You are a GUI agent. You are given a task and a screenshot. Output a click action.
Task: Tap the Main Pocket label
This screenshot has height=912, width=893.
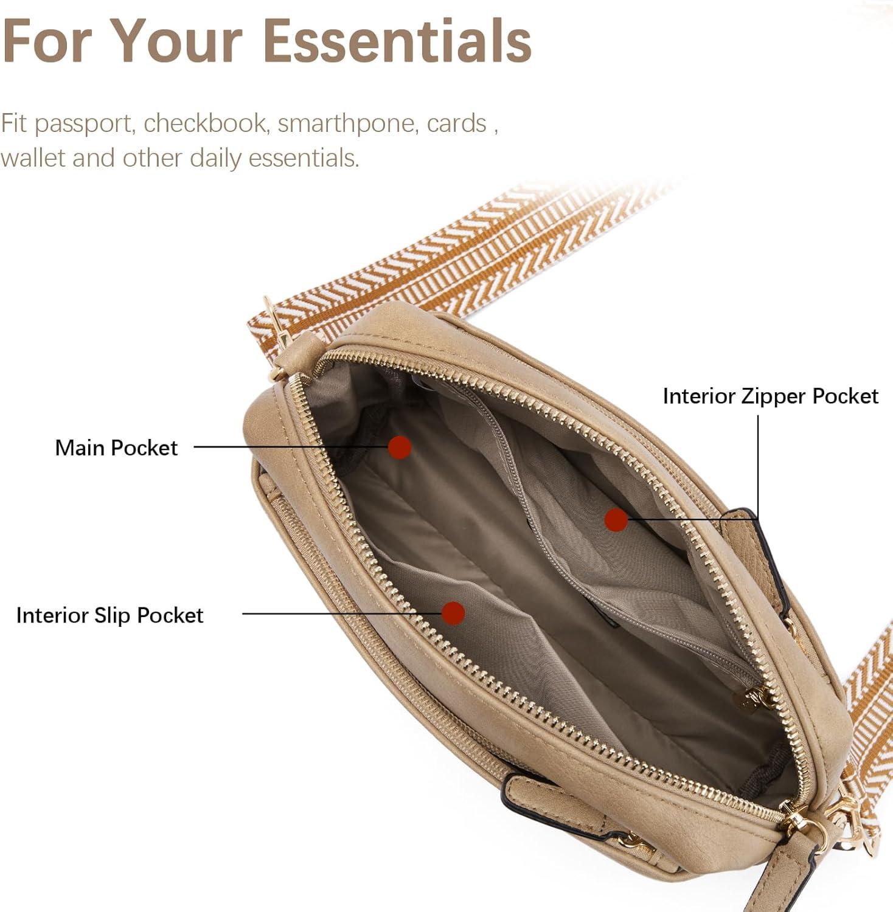pos(116,448)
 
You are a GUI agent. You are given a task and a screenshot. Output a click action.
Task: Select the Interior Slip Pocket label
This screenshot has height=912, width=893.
pos(109,615)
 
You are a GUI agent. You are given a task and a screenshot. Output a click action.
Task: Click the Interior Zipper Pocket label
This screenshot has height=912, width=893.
pos(770,396)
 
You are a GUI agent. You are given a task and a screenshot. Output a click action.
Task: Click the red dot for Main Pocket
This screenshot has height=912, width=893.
pos(400,447)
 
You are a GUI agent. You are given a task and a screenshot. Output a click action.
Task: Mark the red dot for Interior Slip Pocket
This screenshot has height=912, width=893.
pos(453,613)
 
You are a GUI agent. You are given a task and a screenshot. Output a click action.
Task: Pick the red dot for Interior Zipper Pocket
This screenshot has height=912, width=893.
pos(616,519)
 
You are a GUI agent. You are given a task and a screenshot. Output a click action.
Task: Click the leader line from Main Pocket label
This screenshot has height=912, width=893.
pos(291,447)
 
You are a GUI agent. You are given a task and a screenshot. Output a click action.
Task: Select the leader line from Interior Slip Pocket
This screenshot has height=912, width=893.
pos(342,613)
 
